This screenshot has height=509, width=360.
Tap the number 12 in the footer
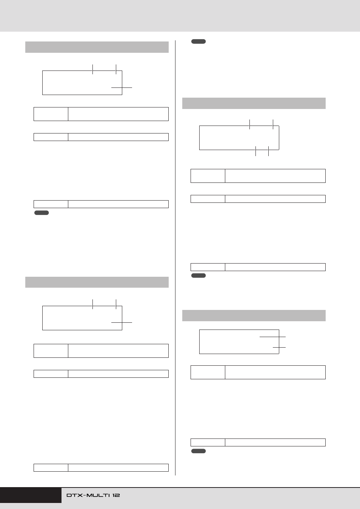[x=116, y=495]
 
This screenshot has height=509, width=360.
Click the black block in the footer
[x=31, y=495]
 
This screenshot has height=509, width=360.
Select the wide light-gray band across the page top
[x=180, y=16]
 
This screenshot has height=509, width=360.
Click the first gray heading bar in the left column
[x=97, y=47]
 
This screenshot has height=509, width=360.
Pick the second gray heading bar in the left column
[x=97, y=282]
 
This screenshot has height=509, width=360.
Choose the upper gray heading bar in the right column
[x=254, y=103]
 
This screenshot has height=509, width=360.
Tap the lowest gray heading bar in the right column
[x=254, y=316]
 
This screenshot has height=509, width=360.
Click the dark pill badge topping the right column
[x=198, y=41]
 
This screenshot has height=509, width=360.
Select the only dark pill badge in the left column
[x=42, y=213]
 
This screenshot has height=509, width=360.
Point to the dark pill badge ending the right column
[x=198, y=451]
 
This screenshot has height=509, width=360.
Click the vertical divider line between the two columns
[x=175, y=258]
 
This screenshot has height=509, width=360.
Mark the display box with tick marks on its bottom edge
[x=200, y=138]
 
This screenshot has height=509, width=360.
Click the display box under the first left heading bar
[x=43, y=83]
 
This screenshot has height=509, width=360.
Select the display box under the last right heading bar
[x=200, y=342]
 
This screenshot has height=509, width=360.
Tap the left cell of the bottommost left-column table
[x=51, y=468]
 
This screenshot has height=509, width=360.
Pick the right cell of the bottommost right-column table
[x=275, y=442]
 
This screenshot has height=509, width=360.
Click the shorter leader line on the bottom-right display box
[x=279, y=347]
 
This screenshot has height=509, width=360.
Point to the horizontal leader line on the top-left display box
[x=122, y=87]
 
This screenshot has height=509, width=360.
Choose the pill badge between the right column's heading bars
[x=198, y=275]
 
